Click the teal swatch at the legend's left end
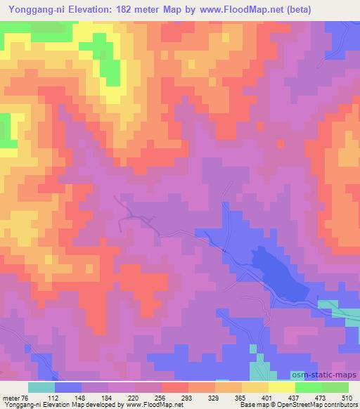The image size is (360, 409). tap(41, 387)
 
